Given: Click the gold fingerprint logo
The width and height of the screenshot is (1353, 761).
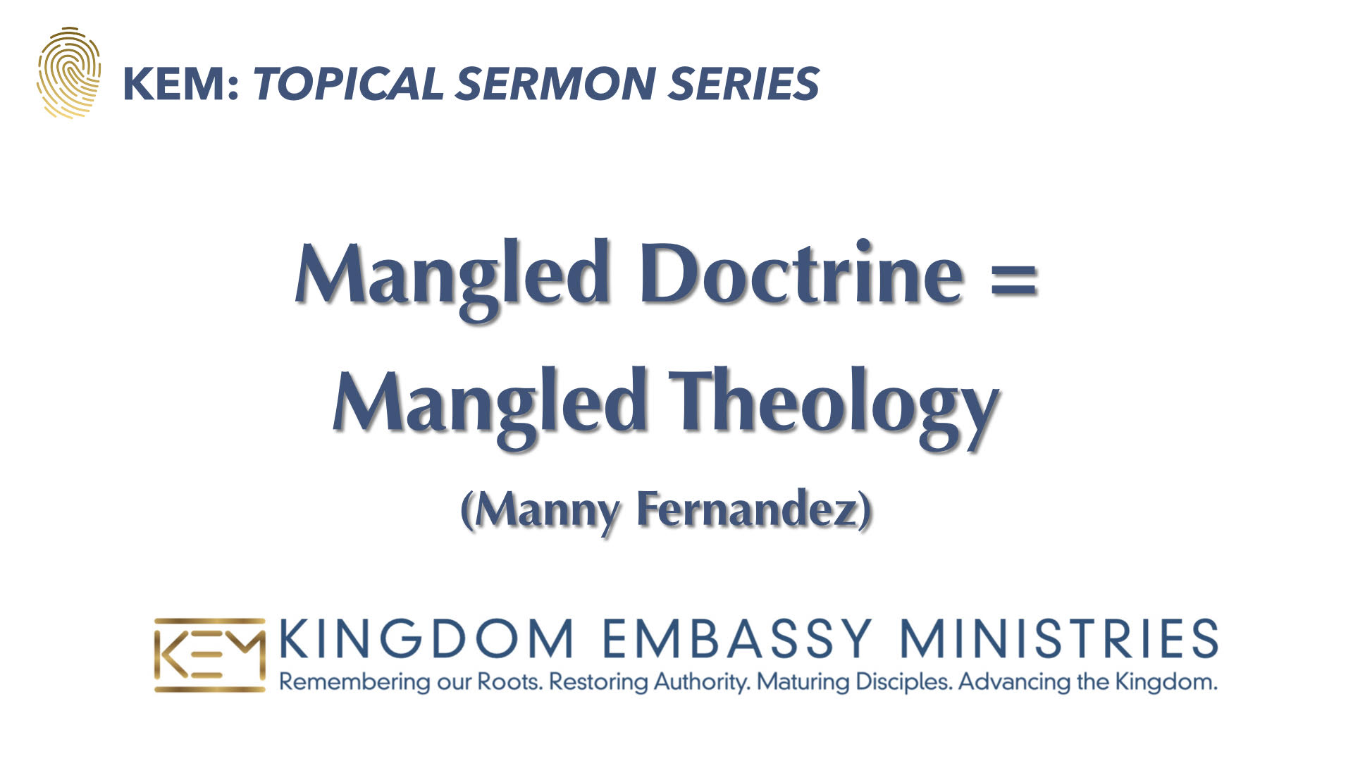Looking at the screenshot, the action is click(68, 73).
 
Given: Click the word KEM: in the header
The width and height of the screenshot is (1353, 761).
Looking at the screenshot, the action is click(182, 84).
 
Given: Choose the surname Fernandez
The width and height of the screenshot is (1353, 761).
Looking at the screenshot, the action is click(746, 509).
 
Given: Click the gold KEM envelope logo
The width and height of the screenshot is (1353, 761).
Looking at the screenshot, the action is click(209, 655).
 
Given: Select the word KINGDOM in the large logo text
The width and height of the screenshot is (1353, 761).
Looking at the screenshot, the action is click(426, 638).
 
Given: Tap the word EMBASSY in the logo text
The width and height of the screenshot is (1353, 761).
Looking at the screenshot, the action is click(737, 638).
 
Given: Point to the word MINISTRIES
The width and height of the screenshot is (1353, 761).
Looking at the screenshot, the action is click(1059, 638).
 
